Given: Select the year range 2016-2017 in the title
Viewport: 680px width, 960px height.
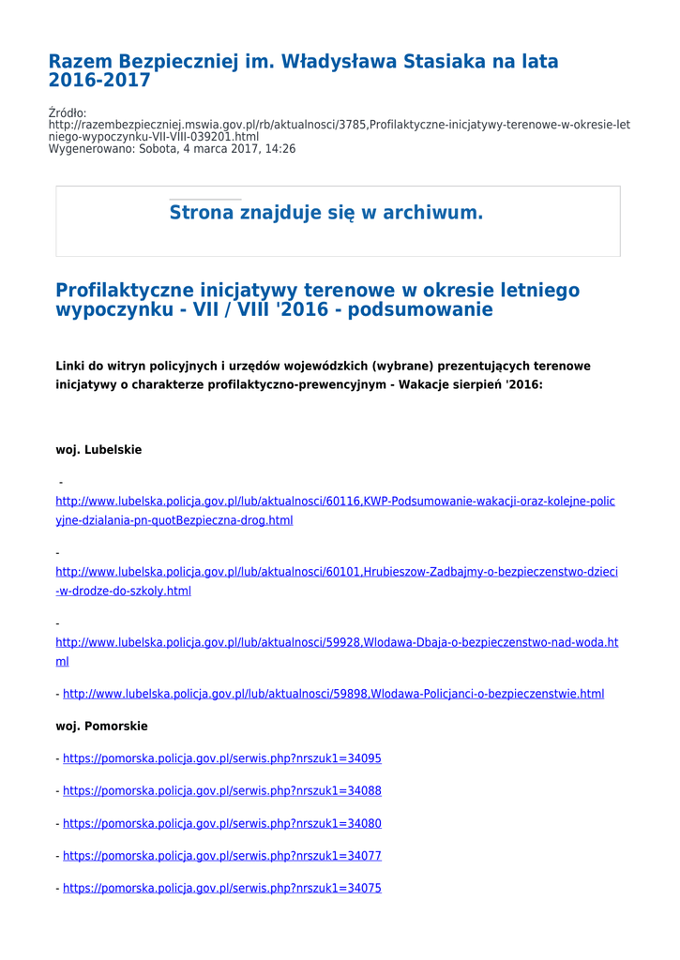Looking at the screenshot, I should click(x=99, y=81).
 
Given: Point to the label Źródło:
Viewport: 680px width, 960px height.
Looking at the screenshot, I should click(x=68, y=113).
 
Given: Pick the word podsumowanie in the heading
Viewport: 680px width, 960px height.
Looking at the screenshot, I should click(x=419, y=309).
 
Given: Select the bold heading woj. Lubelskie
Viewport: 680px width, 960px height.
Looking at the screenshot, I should click(x=98, y=450).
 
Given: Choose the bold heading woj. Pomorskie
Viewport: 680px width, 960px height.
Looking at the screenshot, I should click(x=101, y=727).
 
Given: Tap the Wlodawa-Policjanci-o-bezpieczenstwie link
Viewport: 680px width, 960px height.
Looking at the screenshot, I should click(x=333, y=695).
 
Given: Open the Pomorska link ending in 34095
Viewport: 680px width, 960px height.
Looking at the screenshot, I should click(x=221, y=759).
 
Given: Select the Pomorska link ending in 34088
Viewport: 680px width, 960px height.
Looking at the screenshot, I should click(x=221, y=791).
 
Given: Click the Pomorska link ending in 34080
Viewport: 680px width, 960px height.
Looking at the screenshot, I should click(x=221, y=824).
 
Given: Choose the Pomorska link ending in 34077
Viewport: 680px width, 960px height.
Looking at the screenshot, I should click(x=221, y=856).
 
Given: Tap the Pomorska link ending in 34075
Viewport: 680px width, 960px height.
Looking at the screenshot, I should click(x=221, y=889).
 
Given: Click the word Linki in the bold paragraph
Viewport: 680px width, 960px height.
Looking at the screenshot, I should click(x=72, y=366).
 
